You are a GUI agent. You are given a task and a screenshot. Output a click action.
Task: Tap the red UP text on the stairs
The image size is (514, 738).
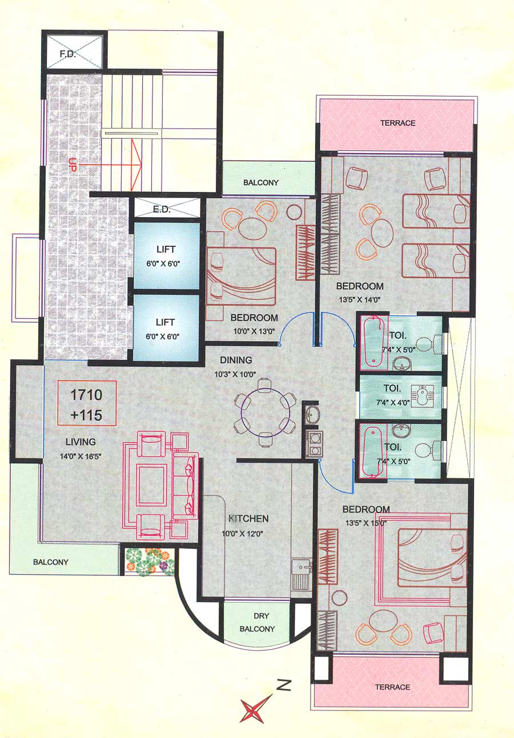tap(73, 164)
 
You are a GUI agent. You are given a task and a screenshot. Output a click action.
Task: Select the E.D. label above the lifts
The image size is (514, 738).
tap(162, 210)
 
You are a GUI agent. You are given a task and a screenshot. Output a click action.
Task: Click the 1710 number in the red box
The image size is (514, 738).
tap(86, 395)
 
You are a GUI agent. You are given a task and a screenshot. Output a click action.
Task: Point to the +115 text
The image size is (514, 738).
tap(87, 415)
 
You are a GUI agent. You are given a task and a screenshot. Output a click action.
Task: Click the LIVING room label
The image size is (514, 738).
tap(80, 442)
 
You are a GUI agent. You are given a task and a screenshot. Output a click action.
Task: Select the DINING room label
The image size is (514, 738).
tap(236, 360)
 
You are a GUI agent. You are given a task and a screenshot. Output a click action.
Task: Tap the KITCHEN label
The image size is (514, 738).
tap(248, 519)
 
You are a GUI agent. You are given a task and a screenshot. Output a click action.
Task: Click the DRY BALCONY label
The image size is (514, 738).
tap(262, 623)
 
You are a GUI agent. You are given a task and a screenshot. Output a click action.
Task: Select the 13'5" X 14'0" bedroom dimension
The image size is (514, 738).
tap(359, 298)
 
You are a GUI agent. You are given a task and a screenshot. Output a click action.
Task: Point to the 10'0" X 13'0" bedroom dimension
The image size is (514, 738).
tap(254, 330)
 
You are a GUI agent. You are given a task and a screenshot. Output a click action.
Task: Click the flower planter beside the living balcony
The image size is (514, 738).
tap(150, 561)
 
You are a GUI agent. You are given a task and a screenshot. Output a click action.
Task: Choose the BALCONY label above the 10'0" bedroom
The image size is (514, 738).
tap(260, 183)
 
